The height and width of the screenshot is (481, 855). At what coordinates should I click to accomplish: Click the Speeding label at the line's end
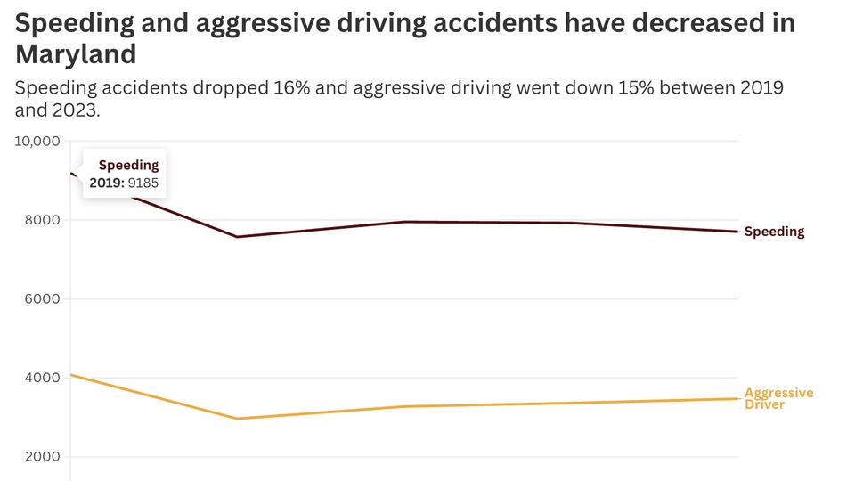tap(774, 232)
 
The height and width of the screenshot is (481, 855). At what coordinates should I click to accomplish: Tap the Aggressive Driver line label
tap(778, 398)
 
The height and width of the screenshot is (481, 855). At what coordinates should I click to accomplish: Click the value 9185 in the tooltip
tap(143, 183)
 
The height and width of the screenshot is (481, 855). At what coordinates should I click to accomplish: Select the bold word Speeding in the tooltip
tap(128, 165)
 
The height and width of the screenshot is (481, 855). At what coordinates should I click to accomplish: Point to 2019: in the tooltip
tap(106, 183)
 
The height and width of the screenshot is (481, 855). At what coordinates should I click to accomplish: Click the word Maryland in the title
tap(76, 54)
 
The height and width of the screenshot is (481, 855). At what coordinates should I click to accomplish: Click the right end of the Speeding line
tap(737, 232)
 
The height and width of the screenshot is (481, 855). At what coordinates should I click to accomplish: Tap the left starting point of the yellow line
tap(71, 375)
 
